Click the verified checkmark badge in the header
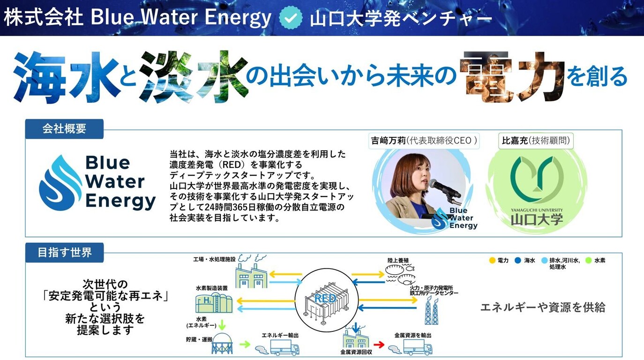(291, 17)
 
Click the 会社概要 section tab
(64, 129)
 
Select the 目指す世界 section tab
(64, 253)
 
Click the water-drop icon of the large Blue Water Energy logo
(60, 183)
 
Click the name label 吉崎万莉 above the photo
(388, 141)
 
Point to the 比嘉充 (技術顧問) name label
(536, 141)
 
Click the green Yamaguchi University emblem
(537, 179)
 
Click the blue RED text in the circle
(325, 298)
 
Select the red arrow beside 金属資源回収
(379, 345)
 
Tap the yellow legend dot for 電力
(492, 260)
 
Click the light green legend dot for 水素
(589, 260)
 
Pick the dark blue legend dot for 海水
(518, 260)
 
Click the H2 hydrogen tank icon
(214, 303)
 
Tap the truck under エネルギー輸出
(285, 347)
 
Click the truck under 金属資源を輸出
(418, 347)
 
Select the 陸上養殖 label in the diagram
(398, 260)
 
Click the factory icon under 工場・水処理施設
(251, 275)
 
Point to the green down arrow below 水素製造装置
(222, 325)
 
